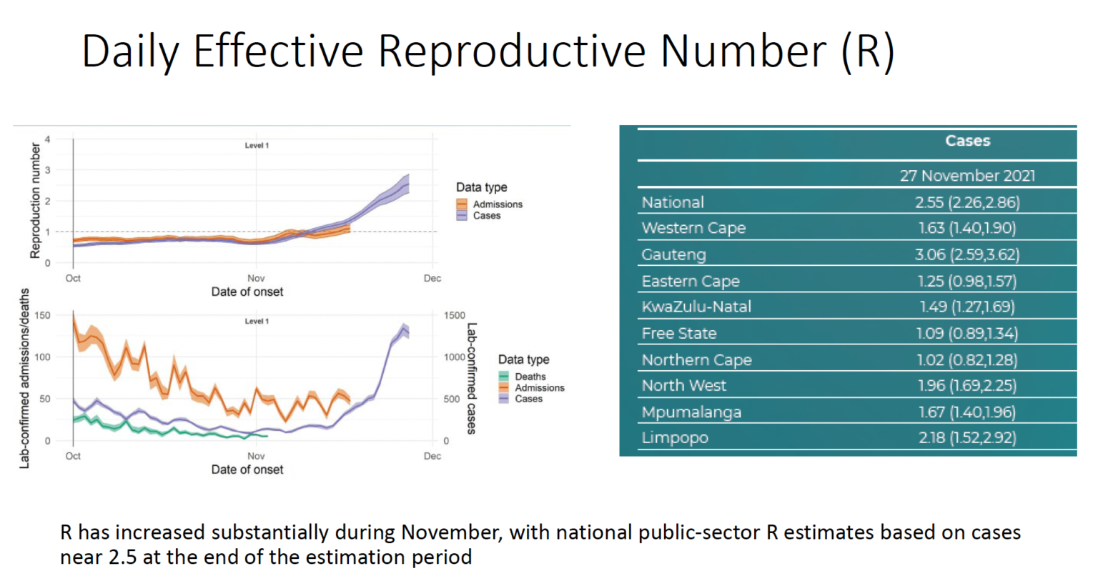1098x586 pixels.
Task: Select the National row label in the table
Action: click(x=673, y=202)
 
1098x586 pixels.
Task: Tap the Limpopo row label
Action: click(x=675, y=437)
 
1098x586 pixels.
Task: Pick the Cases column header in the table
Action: click(x=967, y=141)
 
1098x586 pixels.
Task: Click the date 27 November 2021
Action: click(x=967, y=176)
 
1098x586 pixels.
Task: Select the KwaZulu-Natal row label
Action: click(x=696, y=307)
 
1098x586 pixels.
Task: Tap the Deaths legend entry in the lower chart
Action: click(x=530, y=377)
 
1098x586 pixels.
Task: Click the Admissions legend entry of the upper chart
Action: click(x=498, y=204)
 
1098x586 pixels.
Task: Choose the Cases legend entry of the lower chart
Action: click(x=528, y=399)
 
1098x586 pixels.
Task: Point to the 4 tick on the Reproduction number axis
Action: click(x=48, y=139)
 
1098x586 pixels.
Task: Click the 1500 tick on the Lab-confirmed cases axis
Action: click(x=454, y=315)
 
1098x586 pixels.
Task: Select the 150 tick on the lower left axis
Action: click(x=43, y=315)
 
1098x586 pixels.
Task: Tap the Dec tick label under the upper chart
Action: click(x=432, y=279)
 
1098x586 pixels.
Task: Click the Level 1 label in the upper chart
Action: click(x=257, y=145)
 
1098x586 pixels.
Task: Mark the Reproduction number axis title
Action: click(x=35, y=200)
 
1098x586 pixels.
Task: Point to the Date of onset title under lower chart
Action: click(x=247, y=470)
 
